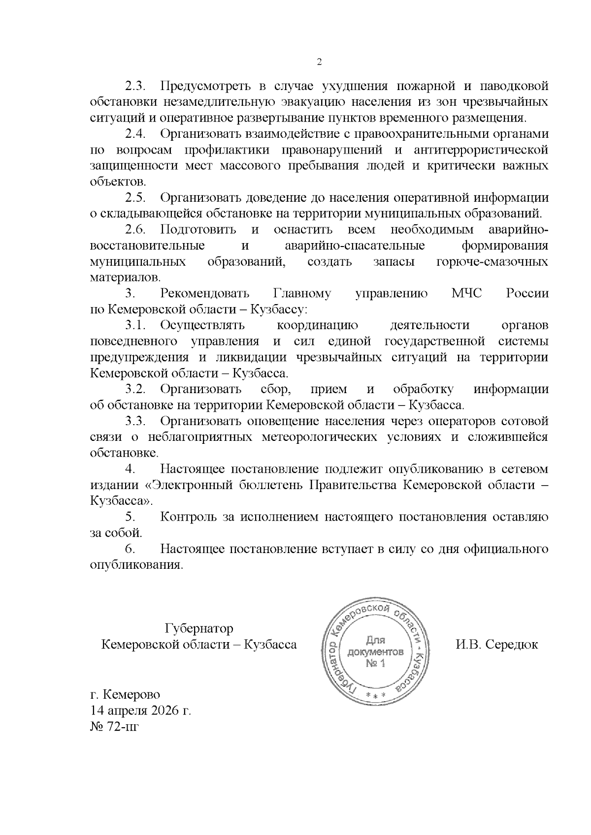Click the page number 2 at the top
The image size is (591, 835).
pyautogui.click(x=319, y=62)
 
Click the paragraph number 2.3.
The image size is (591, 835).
pyautogui.click(x=136, y=86)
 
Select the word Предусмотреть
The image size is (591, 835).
pyautogui.click(x=206, y=86)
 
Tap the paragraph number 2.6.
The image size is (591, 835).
pyautogui.click(x=136, y=229)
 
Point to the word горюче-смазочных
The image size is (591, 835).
pyautogui.click(x=492, y=261)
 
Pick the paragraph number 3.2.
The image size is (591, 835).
pyautogui.click(x=136, y=389)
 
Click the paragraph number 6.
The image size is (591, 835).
pyautogui.click(x=130, y=549)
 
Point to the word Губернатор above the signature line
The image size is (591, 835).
pyautogui.click(x=199, y=628)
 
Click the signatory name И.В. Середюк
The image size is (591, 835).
pyautogui.click(x=497, y=645)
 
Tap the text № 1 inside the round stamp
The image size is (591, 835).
pyautogui.click(x=376, y=664)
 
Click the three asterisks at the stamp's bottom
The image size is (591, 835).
pyautogui.click(x=376, y=694)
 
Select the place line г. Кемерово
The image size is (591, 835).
pyautogui.click(x=125, y=695)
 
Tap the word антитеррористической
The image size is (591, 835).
pyautogui.click(x=481, y=150)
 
